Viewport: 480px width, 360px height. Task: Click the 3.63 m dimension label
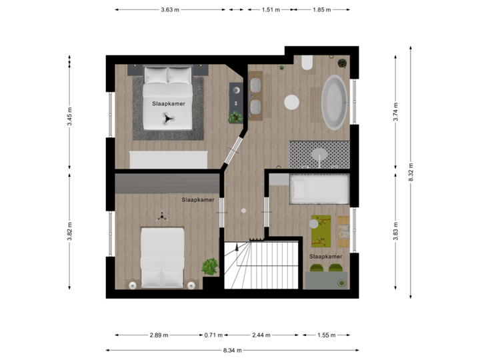click(x=169, y=10)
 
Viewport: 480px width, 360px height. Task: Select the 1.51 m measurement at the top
click(x=270, y=10)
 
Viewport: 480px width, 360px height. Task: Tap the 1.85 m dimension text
click(x=321, y=10)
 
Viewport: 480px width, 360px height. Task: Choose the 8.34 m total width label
click(x=232, y=350)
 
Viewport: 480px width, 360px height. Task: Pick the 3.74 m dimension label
click(x=395, y=109)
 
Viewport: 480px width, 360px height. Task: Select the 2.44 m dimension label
click(x=261, y=335)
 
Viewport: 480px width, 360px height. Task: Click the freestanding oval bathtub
click(x=334, y=102)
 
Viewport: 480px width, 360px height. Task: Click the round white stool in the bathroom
click(x=291, y=102)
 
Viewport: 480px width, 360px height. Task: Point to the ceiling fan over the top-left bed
click(x=167, y=119)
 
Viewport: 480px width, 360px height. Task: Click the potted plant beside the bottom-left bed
click(x=210, y=267)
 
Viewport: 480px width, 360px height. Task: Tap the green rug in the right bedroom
click(x=323, y=231)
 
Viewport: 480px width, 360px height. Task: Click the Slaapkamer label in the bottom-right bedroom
click(x=326, y=256)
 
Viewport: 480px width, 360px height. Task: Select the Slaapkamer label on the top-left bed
click(x=168, y=104)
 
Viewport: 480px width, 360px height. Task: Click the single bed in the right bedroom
click(x=319, y=189)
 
